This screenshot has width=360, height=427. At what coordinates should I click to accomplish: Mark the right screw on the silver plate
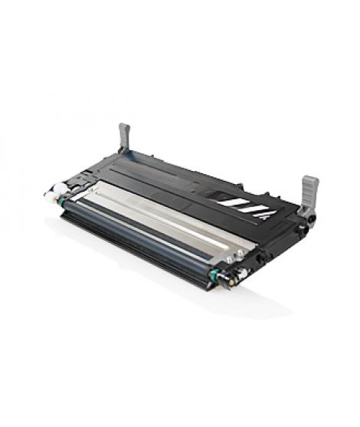[239, 252]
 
